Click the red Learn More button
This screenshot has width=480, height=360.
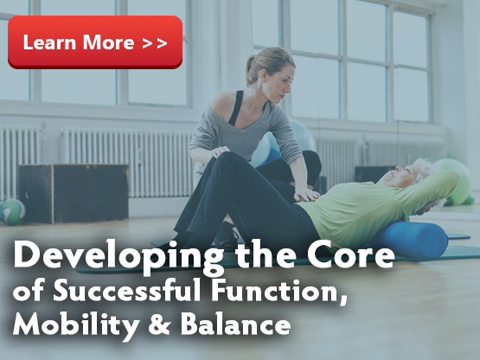(x=95, y=42)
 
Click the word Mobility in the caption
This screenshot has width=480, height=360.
(x=76, y=325)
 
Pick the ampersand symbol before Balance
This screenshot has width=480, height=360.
(x=159, y=325)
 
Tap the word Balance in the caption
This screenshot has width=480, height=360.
(x=235, y=324)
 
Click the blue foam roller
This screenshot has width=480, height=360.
(x=410, y=240)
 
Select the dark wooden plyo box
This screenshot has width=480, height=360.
(x=74, y=193)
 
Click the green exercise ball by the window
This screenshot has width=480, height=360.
(x=457, y=182)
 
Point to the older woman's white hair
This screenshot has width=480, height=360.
(x=426, y=168)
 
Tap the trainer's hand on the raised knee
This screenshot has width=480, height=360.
(x=220, y=151)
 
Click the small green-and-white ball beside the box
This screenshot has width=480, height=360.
(x=13, y=212)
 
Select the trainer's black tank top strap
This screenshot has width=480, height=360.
(x=236, y=108)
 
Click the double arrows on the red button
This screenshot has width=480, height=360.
(x=155, y=43)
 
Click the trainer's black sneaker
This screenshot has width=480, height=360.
(x=226, y=235)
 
